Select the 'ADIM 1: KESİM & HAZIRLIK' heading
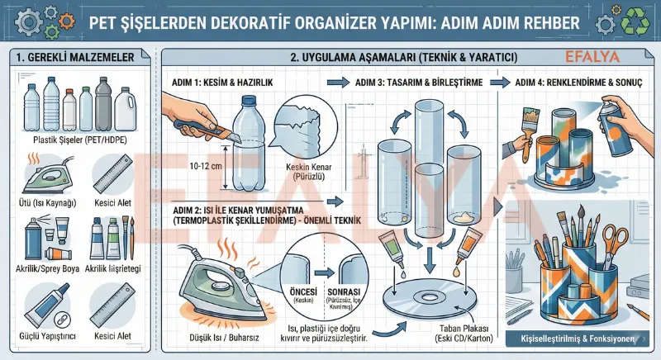click(x=222, y=83)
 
